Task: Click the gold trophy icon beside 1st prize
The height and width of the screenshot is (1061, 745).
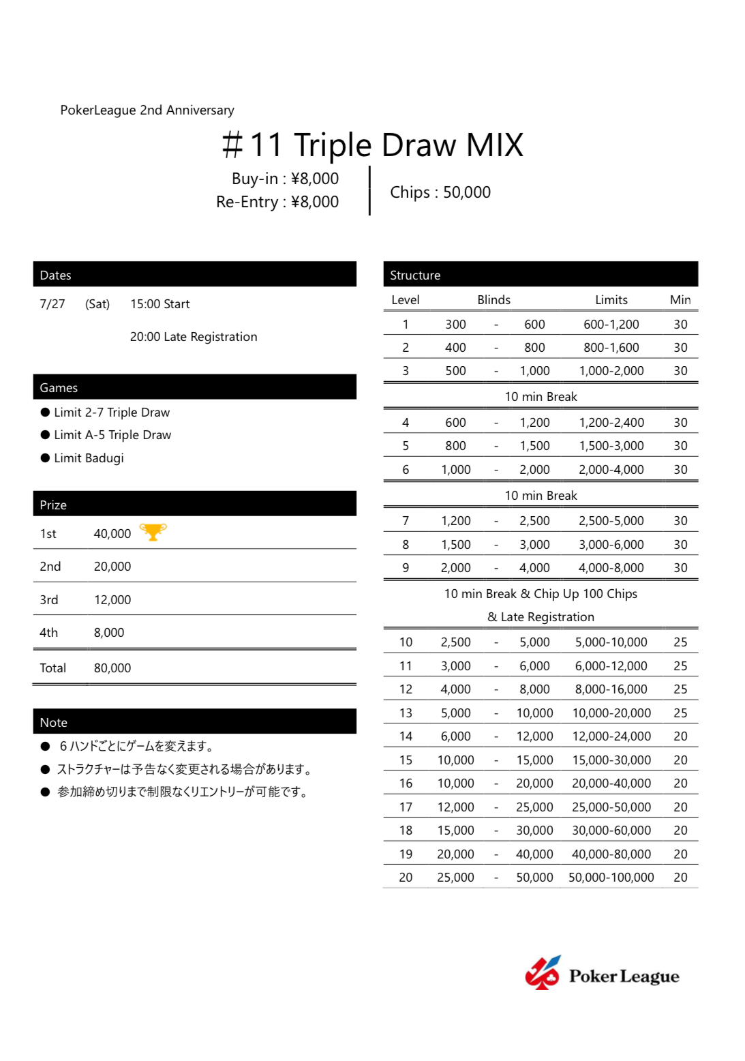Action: point(153,532)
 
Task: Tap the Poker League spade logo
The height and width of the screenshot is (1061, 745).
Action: point(543,973)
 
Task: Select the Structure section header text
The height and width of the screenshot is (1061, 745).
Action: point(415,275)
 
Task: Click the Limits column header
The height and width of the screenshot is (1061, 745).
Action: point(611,300)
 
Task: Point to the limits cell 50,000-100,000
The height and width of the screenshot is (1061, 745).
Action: point(611,878)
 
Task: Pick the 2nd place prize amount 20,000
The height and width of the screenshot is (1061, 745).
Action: point(112,567)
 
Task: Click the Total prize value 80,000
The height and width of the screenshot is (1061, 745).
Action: point(112,668)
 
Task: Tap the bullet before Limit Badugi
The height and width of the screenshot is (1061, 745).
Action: point(46,458)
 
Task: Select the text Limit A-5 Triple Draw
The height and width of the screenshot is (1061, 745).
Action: point(112,435)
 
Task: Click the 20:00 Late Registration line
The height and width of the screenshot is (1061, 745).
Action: point(194,337)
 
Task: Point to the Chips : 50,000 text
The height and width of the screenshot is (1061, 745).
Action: point(440,192)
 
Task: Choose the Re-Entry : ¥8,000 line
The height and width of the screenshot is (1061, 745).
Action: point(277,202)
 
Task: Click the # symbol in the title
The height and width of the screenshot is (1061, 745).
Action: point(232,145)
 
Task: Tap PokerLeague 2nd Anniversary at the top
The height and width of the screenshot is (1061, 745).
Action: point(147,110)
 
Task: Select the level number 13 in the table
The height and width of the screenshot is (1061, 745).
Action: point(406,713)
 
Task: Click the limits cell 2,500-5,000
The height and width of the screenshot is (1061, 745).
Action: point(611,521)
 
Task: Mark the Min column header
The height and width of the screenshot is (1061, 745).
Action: point(680,300)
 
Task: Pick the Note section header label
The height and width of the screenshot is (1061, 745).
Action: point(54,723)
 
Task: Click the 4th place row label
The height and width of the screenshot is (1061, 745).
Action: point(49,633)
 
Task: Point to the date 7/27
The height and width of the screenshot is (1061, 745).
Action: point(52,304)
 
